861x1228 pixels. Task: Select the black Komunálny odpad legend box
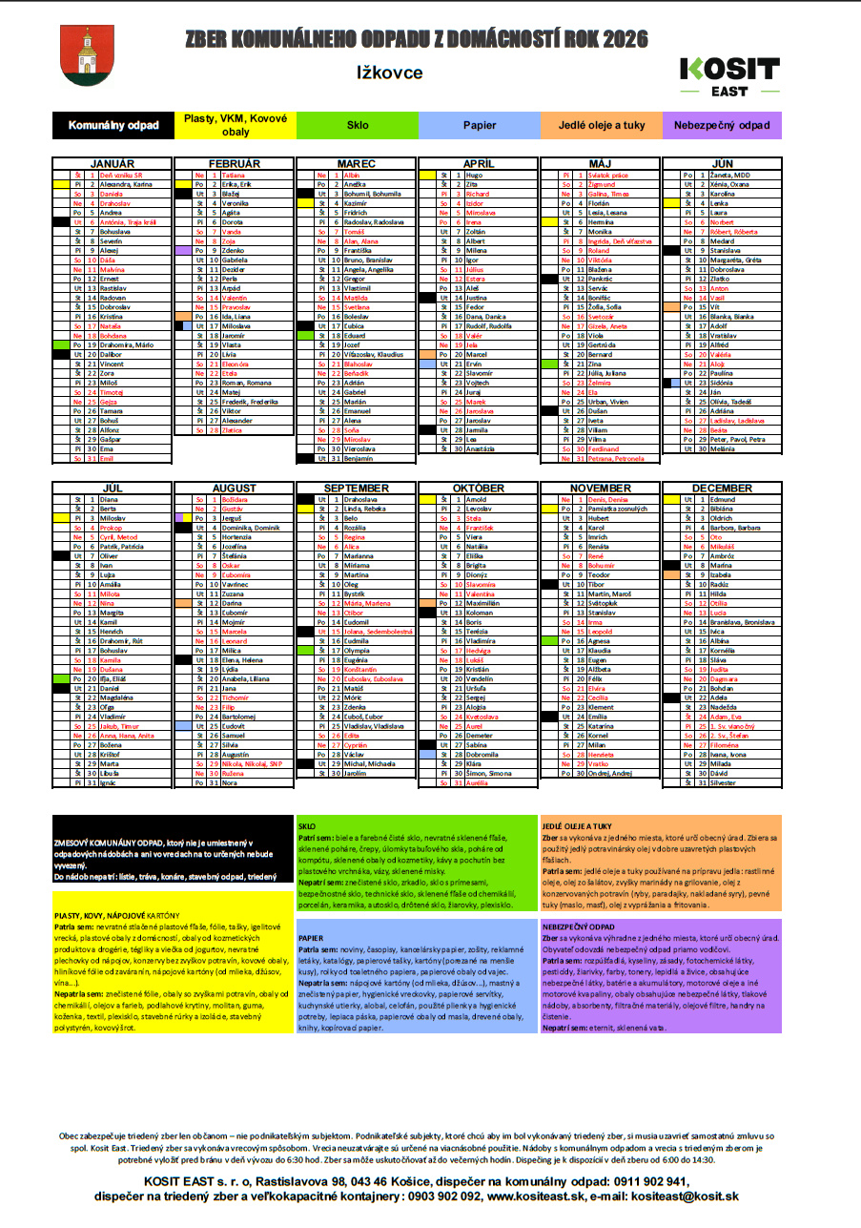(x=113, y=125)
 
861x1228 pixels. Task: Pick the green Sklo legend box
(x=358, y=125)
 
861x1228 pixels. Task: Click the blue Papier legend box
(x=480, y=125)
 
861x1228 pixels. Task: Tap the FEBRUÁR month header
(x=235, y=164)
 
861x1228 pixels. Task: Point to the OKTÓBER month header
(x=479, y=489)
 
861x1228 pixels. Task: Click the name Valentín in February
(x=235, y=298)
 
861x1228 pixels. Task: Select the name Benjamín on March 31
(x=359, y=459)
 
